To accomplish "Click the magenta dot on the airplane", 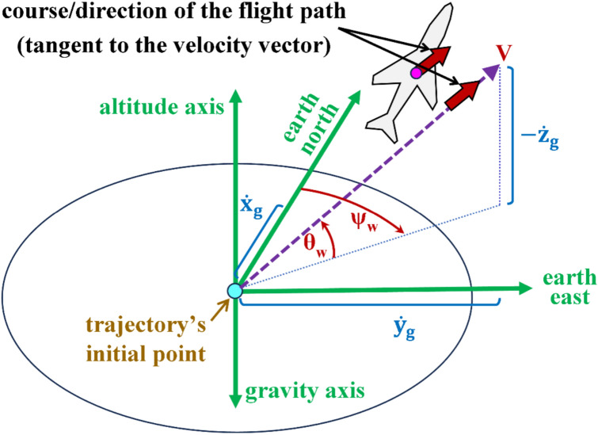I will [x=416, y=74].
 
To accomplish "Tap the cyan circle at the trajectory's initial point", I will [x=234, y=291].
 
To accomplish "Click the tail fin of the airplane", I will [x=379, y=129].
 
